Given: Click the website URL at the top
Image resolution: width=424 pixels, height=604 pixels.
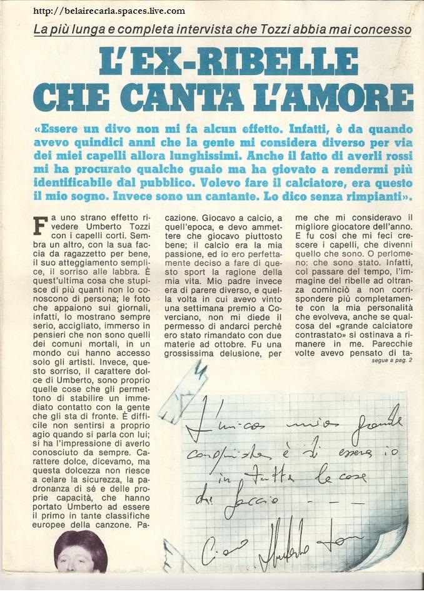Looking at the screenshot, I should point(108,11).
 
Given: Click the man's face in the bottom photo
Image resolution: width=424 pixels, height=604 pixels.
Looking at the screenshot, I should point(79,553).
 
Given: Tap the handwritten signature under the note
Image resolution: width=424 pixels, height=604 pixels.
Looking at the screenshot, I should point(294,543).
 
